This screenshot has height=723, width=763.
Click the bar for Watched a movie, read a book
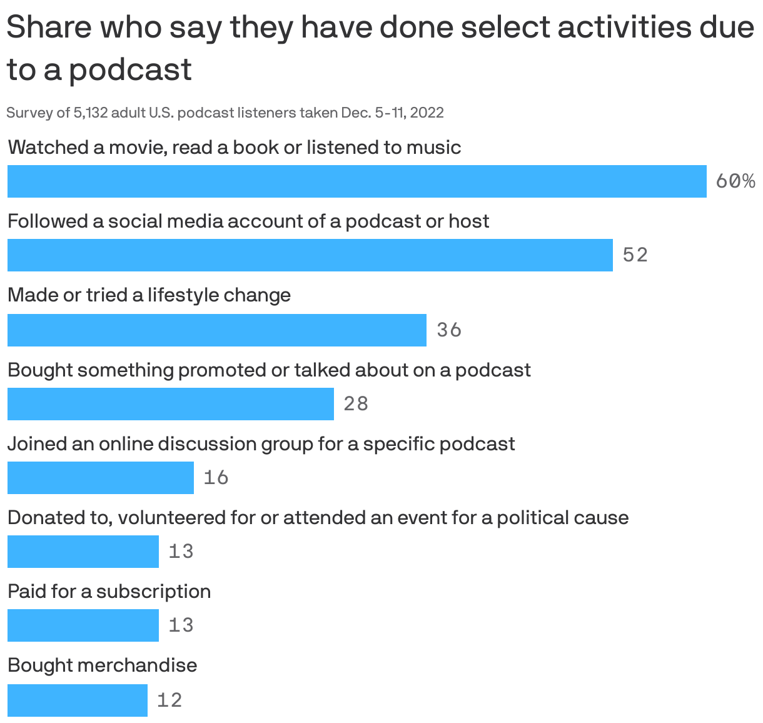pyautogui.click(x=356, y=181)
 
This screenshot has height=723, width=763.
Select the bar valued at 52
pyautogui.click(x=310, y=255)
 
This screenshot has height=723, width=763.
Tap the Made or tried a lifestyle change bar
pyautogui.click(x=216, y=330)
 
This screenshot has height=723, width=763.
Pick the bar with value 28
pyautogui.click(x=170, y=403)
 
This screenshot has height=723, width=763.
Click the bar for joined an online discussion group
pyautogui.click(x=100, y=478)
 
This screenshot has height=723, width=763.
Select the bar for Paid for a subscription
pyautogui.click(x=83, y=625)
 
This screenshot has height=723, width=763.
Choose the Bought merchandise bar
pyautogui.click(x=77, y=700)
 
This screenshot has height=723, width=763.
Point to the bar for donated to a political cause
pyautogui.click(x=83, y=552)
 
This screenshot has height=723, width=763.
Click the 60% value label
pyautogui.click(x=735, y=181)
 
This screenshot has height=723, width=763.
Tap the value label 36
pyautogui.click(x=449, y=330)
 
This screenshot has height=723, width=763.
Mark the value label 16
pyautogui.click(x=216, y=478)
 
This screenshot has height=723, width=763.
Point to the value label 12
pyautogui.click(x=169, y=700)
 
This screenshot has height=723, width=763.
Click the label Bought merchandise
pyautogui.click(x=102, y=665)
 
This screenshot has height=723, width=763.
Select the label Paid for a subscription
pyautogui.click(x=109, y=591)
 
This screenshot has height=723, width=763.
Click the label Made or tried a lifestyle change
pyautogui.click(x=149, y=295)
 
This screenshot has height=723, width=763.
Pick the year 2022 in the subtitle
pyautogui.click(x=427, y=113)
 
